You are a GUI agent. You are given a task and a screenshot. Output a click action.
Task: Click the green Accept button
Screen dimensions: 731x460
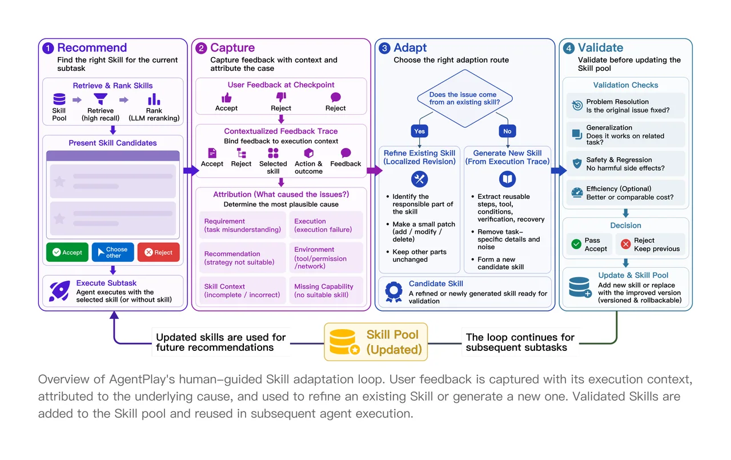pos(67,252)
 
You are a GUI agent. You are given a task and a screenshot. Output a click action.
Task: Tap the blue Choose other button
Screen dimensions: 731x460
pos(113,252)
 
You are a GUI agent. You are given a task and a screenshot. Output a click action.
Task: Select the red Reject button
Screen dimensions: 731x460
pos(159,252)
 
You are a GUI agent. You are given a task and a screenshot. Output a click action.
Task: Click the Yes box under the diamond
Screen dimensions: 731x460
pos(419,131)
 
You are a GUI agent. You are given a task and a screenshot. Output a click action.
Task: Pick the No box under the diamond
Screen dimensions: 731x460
pos(507,131)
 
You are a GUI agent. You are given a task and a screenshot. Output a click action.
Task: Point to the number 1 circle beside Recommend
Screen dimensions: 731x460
pos(48,49)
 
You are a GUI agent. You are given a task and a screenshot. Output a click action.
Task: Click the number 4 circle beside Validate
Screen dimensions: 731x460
pos(569,49)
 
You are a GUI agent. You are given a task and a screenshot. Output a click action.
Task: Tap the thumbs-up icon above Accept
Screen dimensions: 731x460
pos(226,97)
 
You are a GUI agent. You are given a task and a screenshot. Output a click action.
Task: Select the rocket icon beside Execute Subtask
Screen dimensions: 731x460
pos(59,290)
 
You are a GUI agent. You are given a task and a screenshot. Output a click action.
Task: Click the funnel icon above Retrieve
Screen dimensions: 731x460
pos(101,99)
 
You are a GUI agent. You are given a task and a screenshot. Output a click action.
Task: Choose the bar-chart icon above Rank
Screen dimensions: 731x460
pos(154,99)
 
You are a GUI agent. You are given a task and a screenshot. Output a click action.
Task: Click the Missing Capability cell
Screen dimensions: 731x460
pos(326,290)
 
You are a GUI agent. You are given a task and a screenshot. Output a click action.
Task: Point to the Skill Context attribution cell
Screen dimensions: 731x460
pos(243,290)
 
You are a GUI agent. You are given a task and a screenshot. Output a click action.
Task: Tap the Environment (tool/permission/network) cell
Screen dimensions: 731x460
pos(326,258)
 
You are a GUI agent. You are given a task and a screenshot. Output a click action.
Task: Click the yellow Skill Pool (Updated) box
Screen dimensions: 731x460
pos(376,342)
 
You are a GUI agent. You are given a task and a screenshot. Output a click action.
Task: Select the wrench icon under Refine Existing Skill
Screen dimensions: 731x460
pos(419,179)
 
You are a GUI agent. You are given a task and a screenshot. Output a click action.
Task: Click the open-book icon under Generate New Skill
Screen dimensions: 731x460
pos(507,179)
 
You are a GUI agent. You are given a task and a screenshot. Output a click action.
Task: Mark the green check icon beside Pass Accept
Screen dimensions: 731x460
pos(576,244)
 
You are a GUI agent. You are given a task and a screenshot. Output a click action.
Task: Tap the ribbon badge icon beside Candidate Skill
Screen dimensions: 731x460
pos(393,291)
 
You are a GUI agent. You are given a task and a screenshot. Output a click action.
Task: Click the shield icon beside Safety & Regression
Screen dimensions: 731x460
pos(577,163)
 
